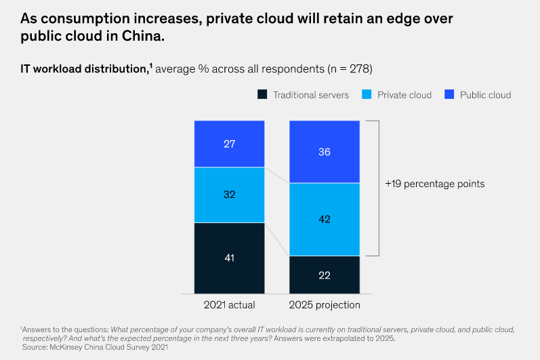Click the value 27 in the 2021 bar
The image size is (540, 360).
[229, 144]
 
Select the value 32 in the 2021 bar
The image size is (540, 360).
[229, 195]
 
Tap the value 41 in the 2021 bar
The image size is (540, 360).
[229, 258]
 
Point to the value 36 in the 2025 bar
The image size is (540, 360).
[325, 152]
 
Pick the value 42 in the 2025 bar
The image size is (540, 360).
[325, 219]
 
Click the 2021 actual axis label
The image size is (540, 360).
[229, 305]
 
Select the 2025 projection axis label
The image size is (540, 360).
[325, 305]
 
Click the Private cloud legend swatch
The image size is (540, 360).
[367, 94]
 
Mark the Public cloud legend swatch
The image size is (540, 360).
[449, 94]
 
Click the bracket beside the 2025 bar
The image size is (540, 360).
[377, 188]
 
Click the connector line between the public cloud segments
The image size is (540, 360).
[276, 175]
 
